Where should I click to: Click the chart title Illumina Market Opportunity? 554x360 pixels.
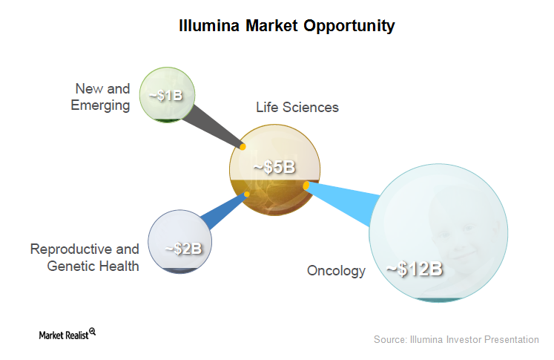click(286, 26)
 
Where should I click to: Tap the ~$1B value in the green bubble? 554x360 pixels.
click(165, 96)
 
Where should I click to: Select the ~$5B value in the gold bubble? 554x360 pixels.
click(274, 167)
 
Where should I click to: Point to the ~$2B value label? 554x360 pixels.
click(183, 249)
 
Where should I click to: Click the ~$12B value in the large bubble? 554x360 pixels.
click(414, 269)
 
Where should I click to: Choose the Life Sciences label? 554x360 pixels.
click(297, 107)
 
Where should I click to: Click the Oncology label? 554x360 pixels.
click(336, 271)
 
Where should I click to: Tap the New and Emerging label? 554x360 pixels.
click(100, 97)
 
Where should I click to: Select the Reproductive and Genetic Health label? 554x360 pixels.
click(85, 258)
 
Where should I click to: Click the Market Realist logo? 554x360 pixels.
click(67, 334)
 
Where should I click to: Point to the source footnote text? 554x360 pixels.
click(456, 339)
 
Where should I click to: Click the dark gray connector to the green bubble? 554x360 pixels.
click(214, 127)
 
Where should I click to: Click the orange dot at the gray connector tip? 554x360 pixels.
click(243, 146)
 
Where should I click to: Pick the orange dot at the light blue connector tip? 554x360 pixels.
click(306, 186)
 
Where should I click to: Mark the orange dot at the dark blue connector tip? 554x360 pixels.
click(247, 194)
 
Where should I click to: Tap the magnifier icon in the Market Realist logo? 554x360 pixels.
click(93, 331)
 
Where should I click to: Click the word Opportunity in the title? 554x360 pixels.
click(349, 26)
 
